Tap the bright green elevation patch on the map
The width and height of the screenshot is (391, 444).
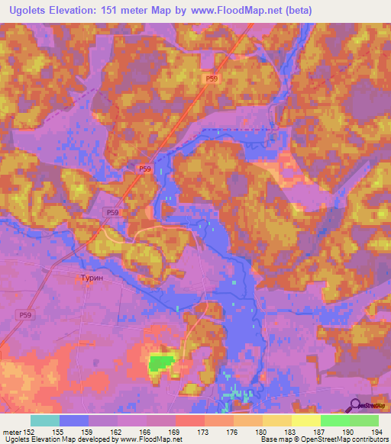(160, 362)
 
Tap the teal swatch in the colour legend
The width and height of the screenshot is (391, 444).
(45, 420)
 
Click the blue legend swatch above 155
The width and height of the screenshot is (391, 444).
(74, 420)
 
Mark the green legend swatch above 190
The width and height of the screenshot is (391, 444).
(335, 420)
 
